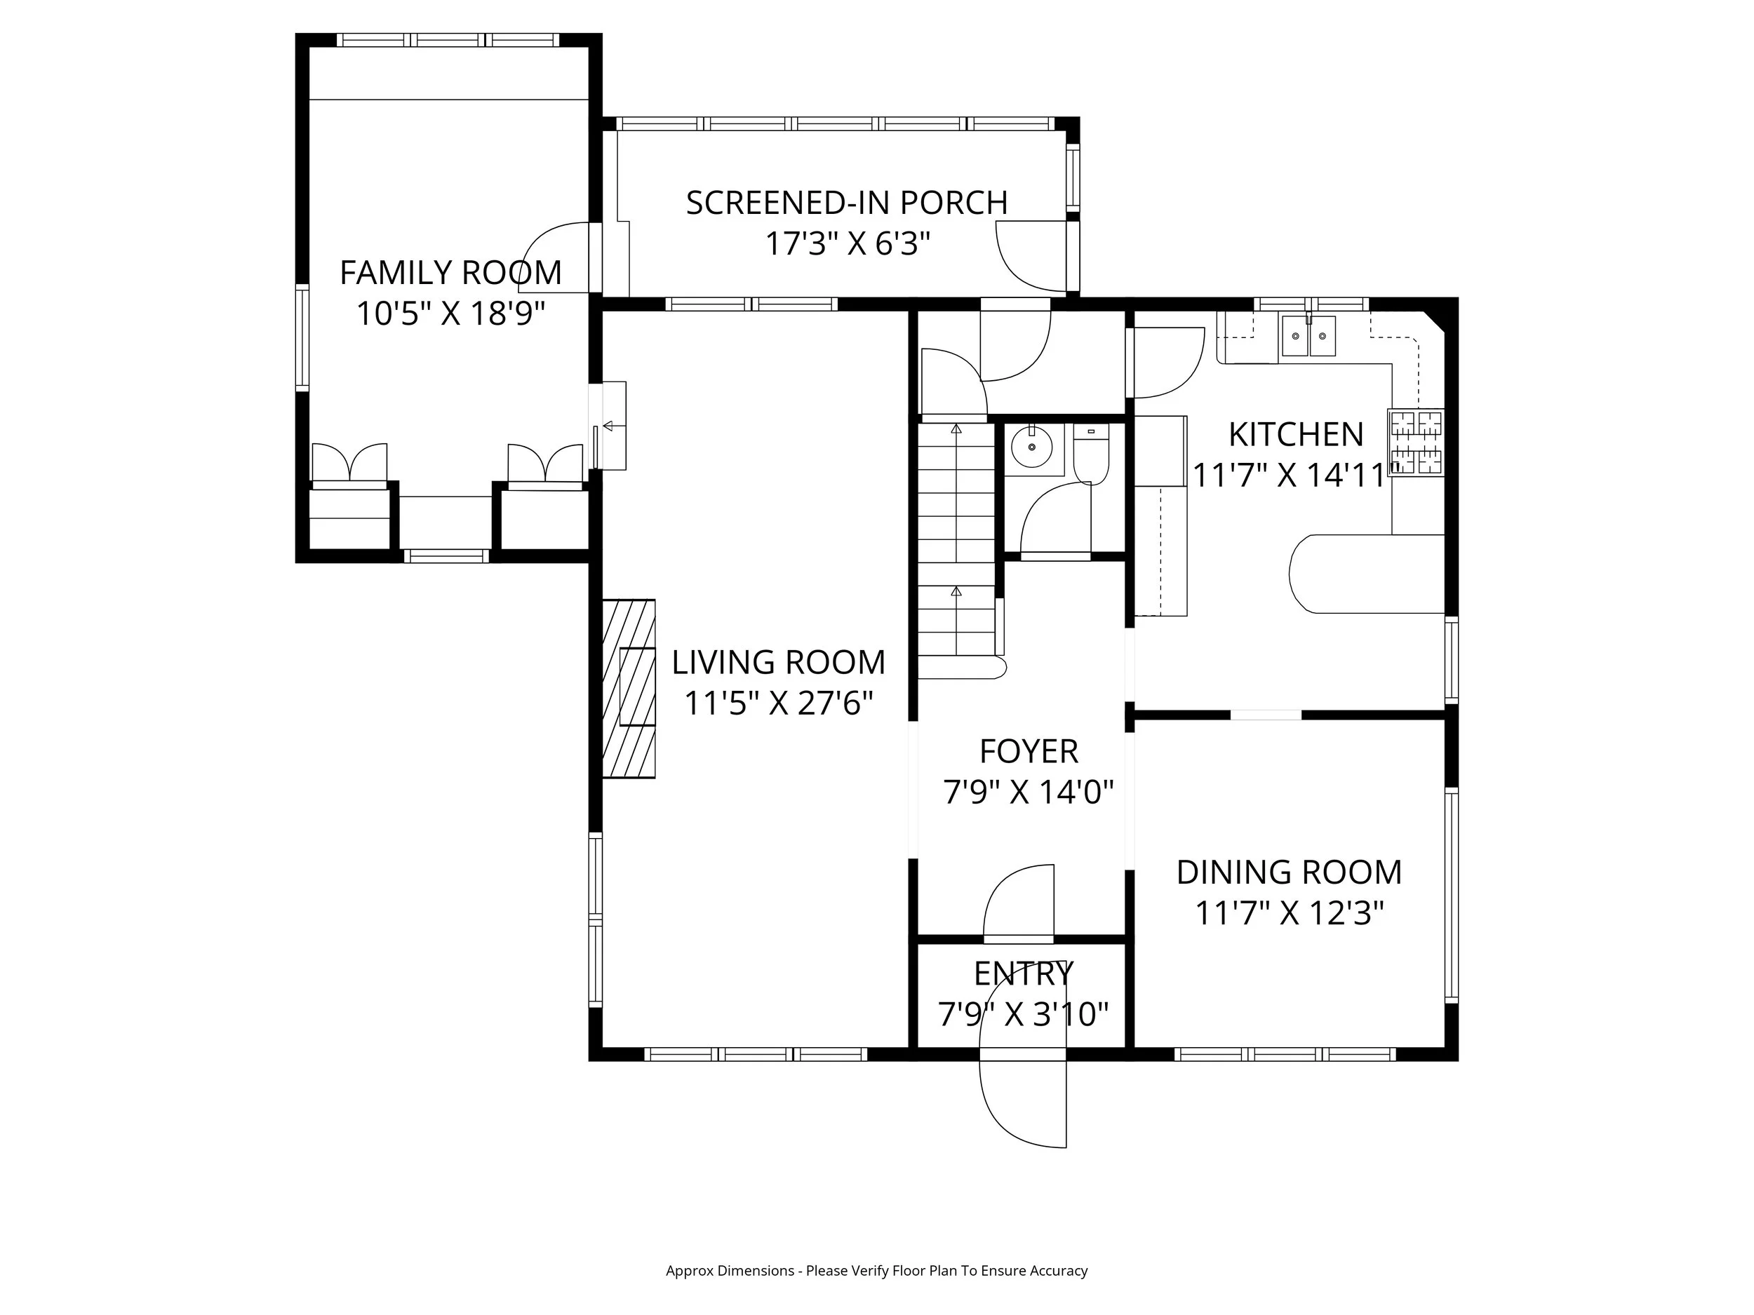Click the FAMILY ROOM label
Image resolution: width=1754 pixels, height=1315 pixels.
pyautogui.click(x=450, y=273)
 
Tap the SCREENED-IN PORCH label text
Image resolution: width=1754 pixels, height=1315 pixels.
pyautogui.click(x=847, y=203)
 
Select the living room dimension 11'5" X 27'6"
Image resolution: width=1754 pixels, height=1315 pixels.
pyautogui.click(x=779, y=703)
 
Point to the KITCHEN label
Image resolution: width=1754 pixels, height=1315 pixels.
pyautogui.click(x=1296, y=434)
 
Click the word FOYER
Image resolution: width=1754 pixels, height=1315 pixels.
pyautogui.click(x=1029, y=751)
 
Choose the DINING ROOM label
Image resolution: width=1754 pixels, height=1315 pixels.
pyautogui.click(x=1290, y=872)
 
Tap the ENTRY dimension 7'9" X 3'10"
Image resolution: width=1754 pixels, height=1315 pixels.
pyautogui.click(x=1023, y=1014)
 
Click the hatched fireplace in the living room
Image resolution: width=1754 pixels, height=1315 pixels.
pyautogui.click(x=629, y=688)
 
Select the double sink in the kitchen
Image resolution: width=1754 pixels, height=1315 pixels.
pyautogui.click(x=1308, y=336)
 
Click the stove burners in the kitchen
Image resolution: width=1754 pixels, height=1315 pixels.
pyautogui.click(x=1415, y=443)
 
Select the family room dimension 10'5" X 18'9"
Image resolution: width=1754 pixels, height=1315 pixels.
pyautogui.click(x=450, y=314)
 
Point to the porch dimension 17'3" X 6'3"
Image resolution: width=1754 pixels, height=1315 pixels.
pyautogui.click(x=847, y=243)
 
